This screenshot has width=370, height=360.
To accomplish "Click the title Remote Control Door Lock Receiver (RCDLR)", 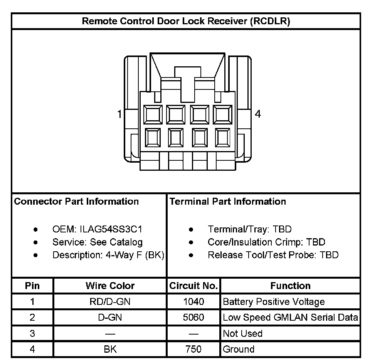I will (x=186, y=21).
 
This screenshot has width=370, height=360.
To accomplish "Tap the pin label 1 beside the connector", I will (x=120, y=114).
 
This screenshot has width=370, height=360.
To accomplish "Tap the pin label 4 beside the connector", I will (x=258, y=114).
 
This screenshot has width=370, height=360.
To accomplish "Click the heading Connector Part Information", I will (x=76, y=201).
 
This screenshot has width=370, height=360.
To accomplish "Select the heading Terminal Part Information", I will (x=228, y=201).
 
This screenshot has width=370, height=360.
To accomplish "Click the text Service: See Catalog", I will (x=98, y=242).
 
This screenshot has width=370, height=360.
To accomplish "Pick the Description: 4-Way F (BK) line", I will (x=108, y=255).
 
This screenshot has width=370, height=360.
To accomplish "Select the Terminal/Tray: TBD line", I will (x=250, y=229).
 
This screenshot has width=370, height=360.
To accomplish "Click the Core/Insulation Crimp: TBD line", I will (x=266, y=242).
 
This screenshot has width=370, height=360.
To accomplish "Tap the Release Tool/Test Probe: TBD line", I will (x=273, y=255).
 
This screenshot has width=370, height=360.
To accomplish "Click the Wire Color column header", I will (x=110, y=286).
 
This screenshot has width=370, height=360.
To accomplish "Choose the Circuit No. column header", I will (x=193, y=286).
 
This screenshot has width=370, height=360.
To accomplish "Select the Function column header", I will (x=290, y=286).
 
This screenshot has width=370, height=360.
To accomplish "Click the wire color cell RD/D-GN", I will (x=110, y=302).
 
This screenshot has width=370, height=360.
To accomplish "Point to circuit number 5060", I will (x=193, y=318).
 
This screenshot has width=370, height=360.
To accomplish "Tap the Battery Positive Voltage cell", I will (x=274, y=302).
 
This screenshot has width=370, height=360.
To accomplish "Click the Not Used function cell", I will (x=243, y=333).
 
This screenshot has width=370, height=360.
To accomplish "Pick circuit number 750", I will (x=193, y=349).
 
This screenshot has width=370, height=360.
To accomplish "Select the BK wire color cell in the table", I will (x=110, y=349).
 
